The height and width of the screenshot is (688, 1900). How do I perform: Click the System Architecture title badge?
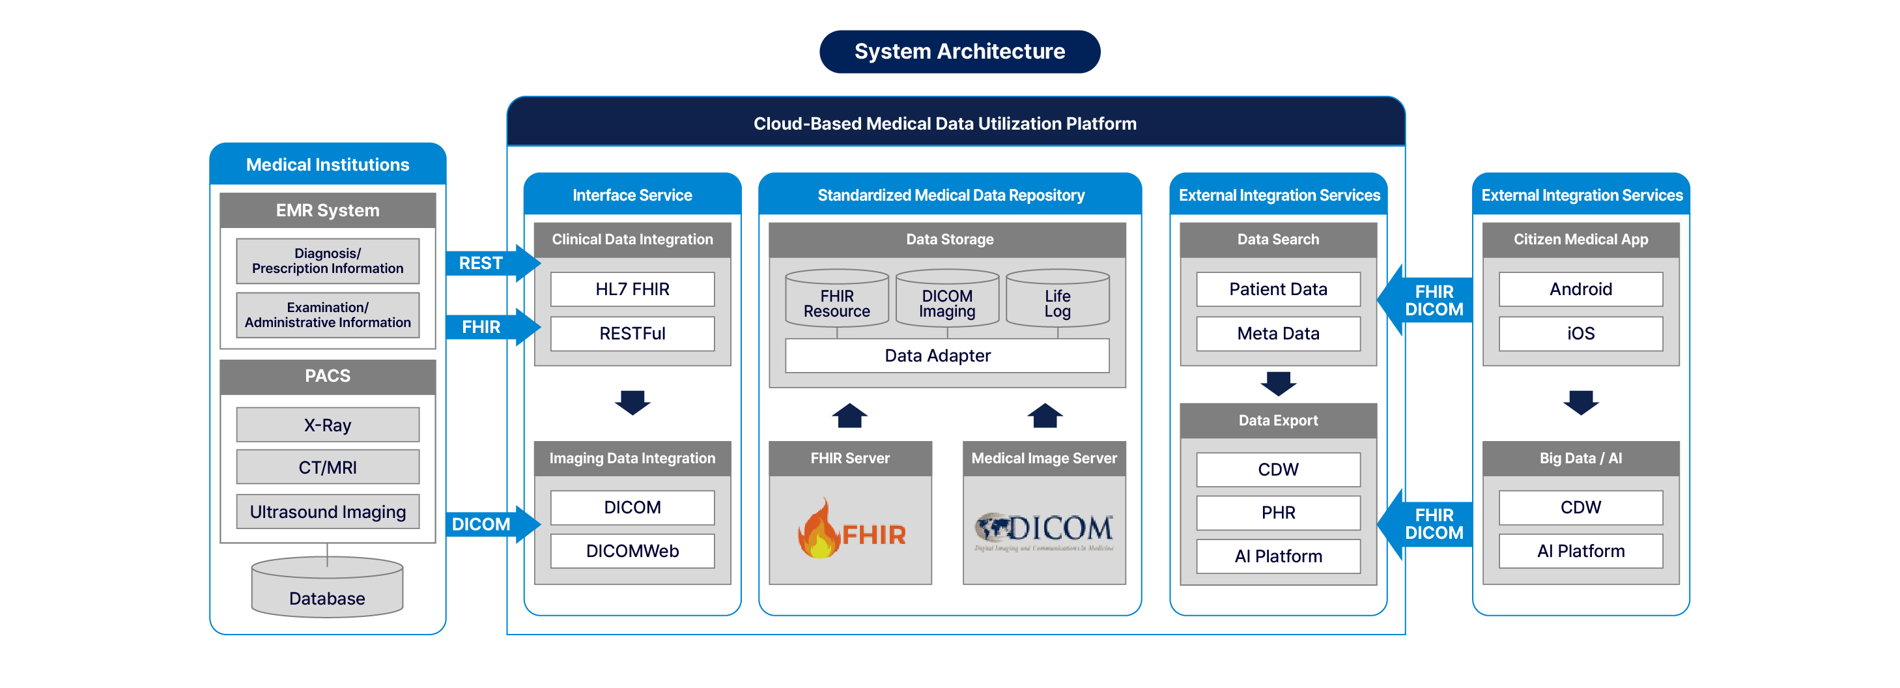(959, 51)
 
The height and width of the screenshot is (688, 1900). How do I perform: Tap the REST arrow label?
(481, 263)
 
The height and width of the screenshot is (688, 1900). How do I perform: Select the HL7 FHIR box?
(632, 289)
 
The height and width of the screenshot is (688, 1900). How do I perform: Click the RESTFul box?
(632, 334)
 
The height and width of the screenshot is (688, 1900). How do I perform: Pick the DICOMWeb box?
(632, 551)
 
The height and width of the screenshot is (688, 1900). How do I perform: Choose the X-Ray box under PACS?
(328, 425)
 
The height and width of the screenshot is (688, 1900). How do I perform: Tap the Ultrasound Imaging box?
(328, 511)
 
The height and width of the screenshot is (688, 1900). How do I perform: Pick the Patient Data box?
(1277, 289)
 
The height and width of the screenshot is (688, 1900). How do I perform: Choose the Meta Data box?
(1277, 334)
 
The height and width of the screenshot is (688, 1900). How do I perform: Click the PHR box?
(1277, 513)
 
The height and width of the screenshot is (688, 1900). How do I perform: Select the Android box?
(1580, 289)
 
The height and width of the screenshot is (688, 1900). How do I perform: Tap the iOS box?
(1580, 334)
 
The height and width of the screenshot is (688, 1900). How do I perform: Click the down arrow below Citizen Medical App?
(1580, 403)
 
